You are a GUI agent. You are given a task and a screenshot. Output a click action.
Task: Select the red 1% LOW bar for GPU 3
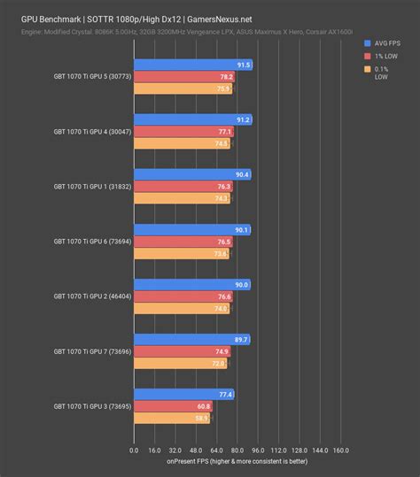[173, 406]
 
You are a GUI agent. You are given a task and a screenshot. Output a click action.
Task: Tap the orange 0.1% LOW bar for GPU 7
[180, 364]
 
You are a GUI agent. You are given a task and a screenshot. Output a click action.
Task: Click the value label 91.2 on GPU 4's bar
[243, 119]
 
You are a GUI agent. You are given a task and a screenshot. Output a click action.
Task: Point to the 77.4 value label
[225, 394]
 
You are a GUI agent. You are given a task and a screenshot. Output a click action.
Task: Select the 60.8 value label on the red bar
[203, 406]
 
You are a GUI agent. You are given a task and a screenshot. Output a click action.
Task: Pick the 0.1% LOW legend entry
[381, 71]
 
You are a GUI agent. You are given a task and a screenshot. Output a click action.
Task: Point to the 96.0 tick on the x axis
[258, 450]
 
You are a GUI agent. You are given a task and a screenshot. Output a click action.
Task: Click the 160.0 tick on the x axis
[341, 450]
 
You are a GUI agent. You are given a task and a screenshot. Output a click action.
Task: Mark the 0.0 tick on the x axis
[134, 450]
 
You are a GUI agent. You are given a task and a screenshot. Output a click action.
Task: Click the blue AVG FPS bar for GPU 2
[191, 284]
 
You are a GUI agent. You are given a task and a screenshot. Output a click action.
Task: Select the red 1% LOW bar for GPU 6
[182, 242]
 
